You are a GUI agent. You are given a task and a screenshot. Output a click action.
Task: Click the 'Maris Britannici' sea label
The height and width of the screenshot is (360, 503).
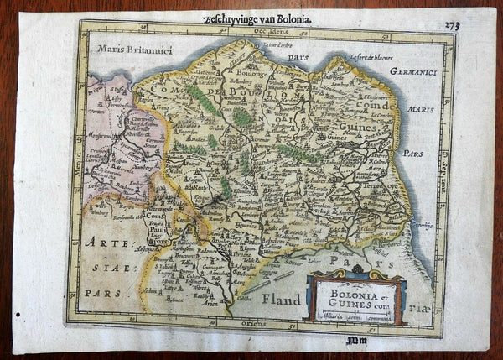click(x=127, y=48)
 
